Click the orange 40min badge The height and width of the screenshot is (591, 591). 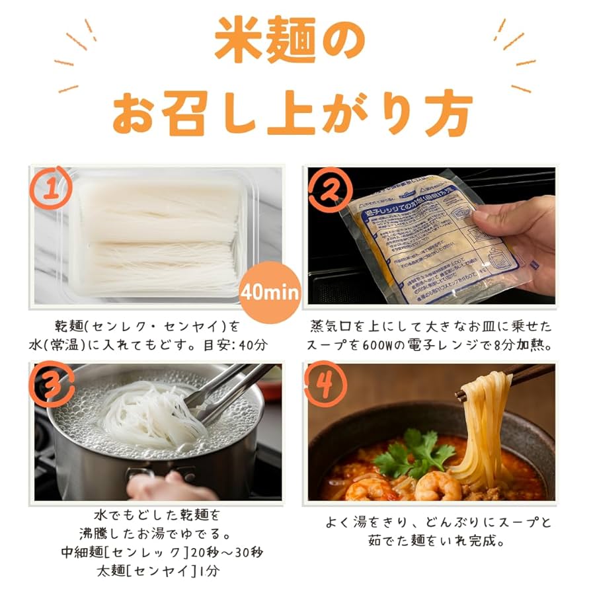click(270, 292)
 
